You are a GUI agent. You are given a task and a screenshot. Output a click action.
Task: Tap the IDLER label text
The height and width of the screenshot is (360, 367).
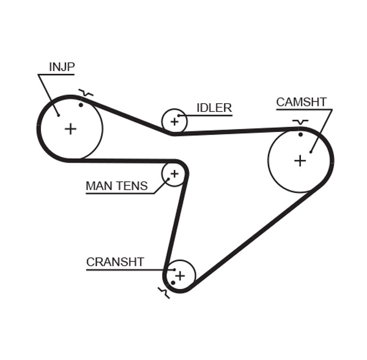tap(213, 108)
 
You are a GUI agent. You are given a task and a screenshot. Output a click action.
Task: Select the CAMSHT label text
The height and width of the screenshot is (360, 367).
tap(301, 102)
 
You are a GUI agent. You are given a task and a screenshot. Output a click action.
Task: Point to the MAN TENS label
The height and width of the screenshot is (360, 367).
tap(116, 186)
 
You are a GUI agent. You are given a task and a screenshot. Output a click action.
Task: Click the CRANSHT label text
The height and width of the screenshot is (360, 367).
tap(115, 262)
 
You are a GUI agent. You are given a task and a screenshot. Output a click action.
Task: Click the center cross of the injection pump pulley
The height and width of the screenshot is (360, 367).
tap(70, 128)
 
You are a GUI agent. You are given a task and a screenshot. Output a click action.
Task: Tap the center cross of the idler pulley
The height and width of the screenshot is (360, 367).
tap(174, 122)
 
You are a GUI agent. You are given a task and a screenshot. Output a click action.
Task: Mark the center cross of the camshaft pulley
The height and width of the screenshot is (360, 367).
tap(300, 160)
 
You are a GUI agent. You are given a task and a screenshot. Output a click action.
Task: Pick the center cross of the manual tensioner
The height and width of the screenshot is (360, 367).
tap(174, 174)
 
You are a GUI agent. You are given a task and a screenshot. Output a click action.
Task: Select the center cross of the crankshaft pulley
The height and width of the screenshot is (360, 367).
tap(180, 275)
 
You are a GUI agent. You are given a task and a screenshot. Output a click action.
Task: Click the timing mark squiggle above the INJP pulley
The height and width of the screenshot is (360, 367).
tap(86, 94)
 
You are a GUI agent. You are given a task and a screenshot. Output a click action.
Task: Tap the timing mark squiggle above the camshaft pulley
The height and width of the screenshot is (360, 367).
tap(300, 122)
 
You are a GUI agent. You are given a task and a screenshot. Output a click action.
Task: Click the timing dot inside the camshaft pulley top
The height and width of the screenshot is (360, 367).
tap(300, 134)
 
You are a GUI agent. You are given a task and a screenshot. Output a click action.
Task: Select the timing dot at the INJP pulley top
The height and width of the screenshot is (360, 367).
tap(81, 105)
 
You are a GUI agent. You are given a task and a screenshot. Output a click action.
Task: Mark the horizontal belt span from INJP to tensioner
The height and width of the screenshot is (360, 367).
tap(122, 161)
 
